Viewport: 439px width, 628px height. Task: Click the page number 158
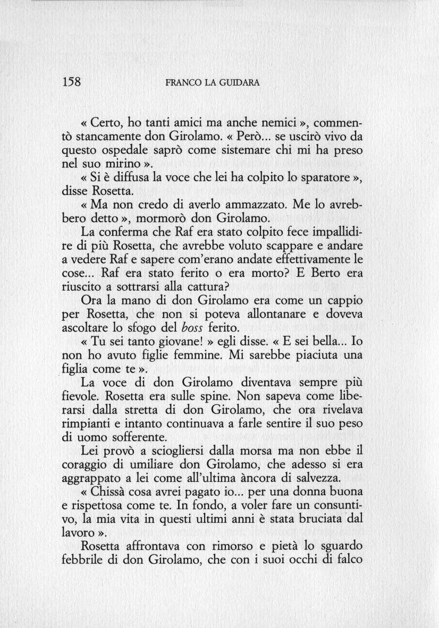[71, 82]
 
